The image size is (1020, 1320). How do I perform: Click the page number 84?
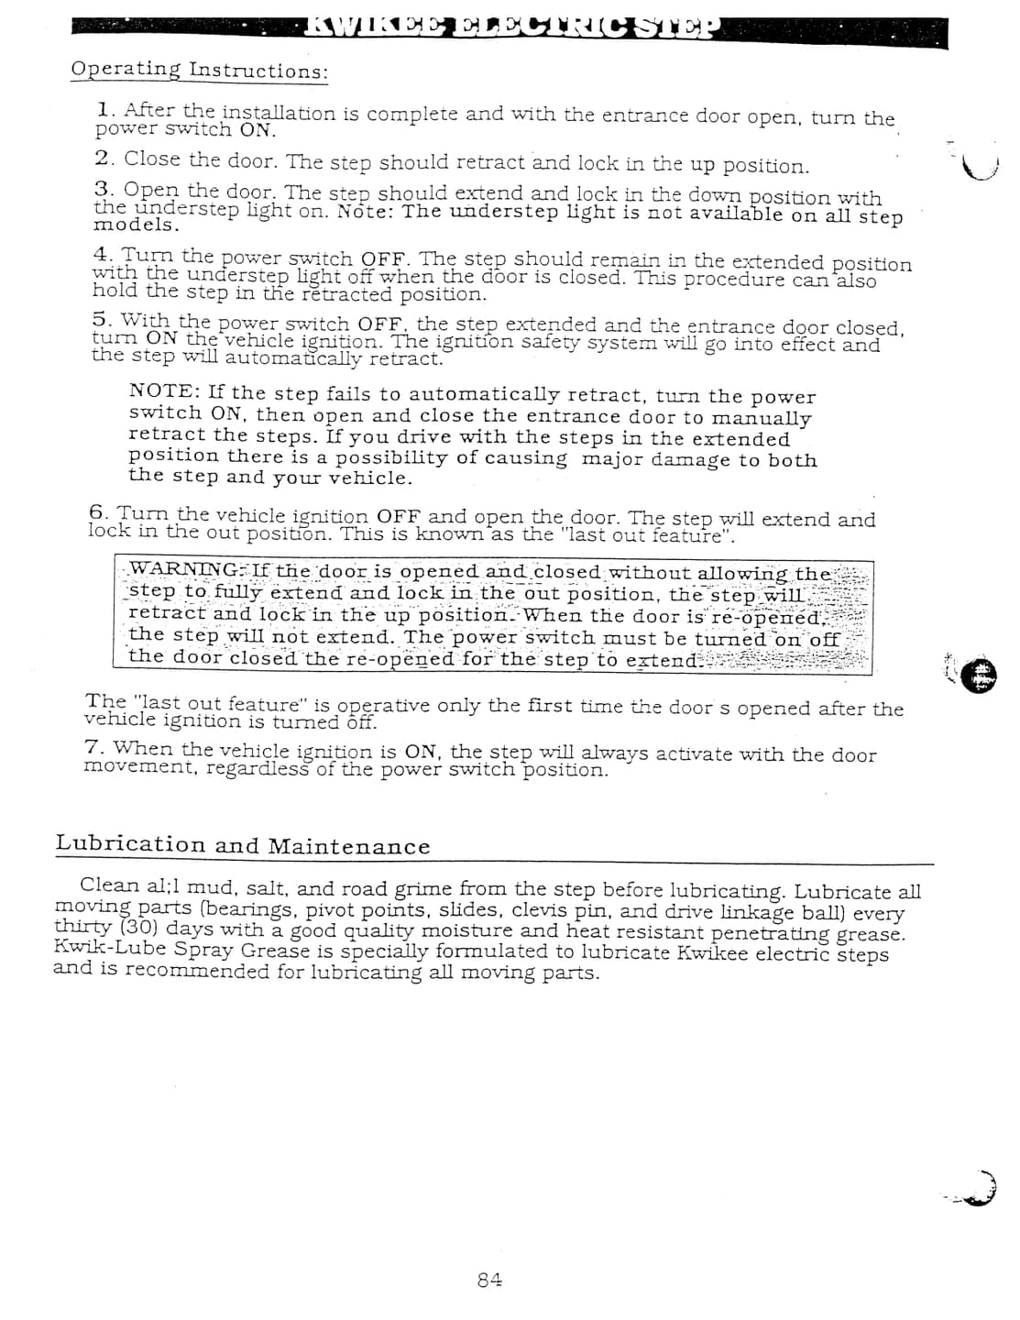(x=490, y=1280)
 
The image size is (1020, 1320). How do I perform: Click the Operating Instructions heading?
(x=199, y=71)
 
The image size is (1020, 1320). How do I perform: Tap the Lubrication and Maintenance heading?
(x=243, y=845)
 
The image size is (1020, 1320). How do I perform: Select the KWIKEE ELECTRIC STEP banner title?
(x=514, y=29)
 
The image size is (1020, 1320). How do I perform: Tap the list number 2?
(x=104, y=158)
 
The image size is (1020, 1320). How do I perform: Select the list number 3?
(x=103, y=189)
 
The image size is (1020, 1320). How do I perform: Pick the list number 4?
(x=102, y=254)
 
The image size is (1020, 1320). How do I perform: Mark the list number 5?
(x=102, y=319)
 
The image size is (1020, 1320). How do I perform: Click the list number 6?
(x=98, y=511)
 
